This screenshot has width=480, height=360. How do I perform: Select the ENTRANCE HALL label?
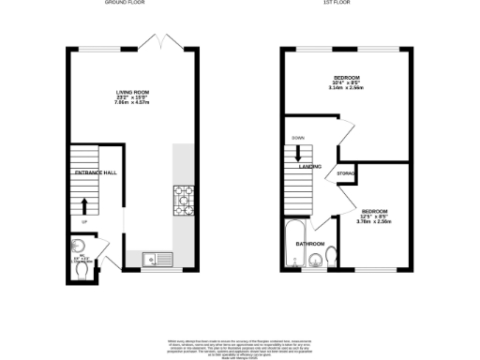coord(95,172)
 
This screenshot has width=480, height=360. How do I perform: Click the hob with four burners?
coord(183,197)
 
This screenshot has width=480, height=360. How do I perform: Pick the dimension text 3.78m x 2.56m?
coord(375,222)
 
